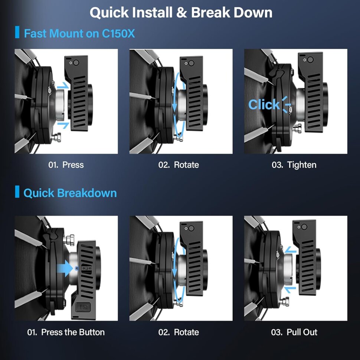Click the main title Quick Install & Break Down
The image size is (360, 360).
coord(181,13)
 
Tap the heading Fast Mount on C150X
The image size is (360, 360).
coord(79,33)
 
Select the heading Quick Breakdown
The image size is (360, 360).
coord(70,193)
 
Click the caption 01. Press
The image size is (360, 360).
coord(66,165)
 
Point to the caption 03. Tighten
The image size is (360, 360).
coord(294,165)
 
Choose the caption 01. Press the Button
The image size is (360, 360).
coord(66,332)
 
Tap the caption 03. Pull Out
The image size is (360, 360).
coord(294,332)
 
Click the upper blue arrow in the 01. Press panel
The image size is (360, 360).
coord(63,85)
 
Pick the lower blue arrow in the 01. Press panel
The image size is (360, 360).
coord(63,125)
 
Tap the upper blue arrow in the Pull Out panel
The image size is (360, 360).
coord(291,249)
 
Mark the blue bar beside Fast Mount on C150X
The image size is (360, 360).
coord(17,32)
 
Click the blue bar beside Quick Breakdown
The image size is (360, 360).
coord(17,192)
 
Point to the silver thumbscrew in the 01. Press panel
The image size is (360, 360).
coord(56,137)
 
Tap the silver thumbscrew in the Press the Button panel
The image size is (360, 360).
coord(69,240)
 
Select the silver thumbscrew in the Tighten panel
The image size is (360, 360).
coord(298,128)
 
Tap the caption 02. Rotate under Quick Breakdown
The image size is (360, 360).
coord(179,332)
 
